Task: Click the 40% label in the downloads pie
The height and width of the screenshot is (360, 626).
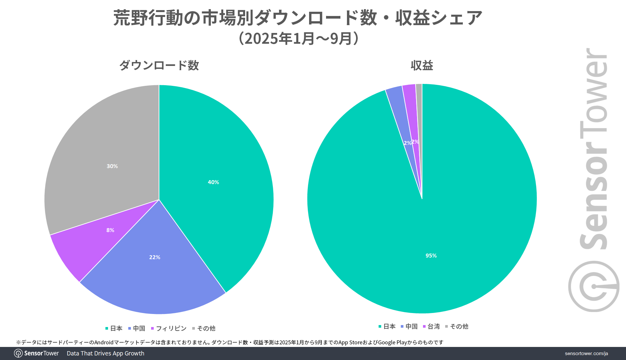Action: point(213,182)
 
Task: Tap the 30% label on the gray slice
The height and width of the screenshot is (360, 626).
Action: point(112,166)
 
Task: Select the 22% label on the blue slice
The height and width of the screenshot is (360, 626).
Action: point(155,257)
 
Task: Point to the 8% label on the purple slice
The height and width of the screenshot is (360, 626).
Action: point(110,230)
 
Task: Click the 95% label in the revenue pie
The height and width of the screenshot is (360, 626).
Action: point(431,256)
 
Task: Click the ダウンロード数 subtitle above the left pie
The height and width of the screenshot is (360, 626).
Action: point(159,65)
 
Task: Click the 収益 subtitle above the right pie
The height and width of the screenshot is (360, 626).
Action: point(422,66)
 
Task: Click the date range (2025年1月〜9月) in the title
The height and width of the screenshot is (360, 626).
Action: point(299,39)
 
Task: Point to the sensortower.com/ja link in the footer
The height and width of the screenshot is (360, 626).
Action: point(586,353)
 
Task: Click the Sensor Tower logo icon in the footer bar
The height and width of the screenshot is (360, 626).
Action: point(18,353)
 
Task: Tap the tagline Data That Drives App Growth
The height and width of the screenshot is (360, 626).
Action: point(105,353)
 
